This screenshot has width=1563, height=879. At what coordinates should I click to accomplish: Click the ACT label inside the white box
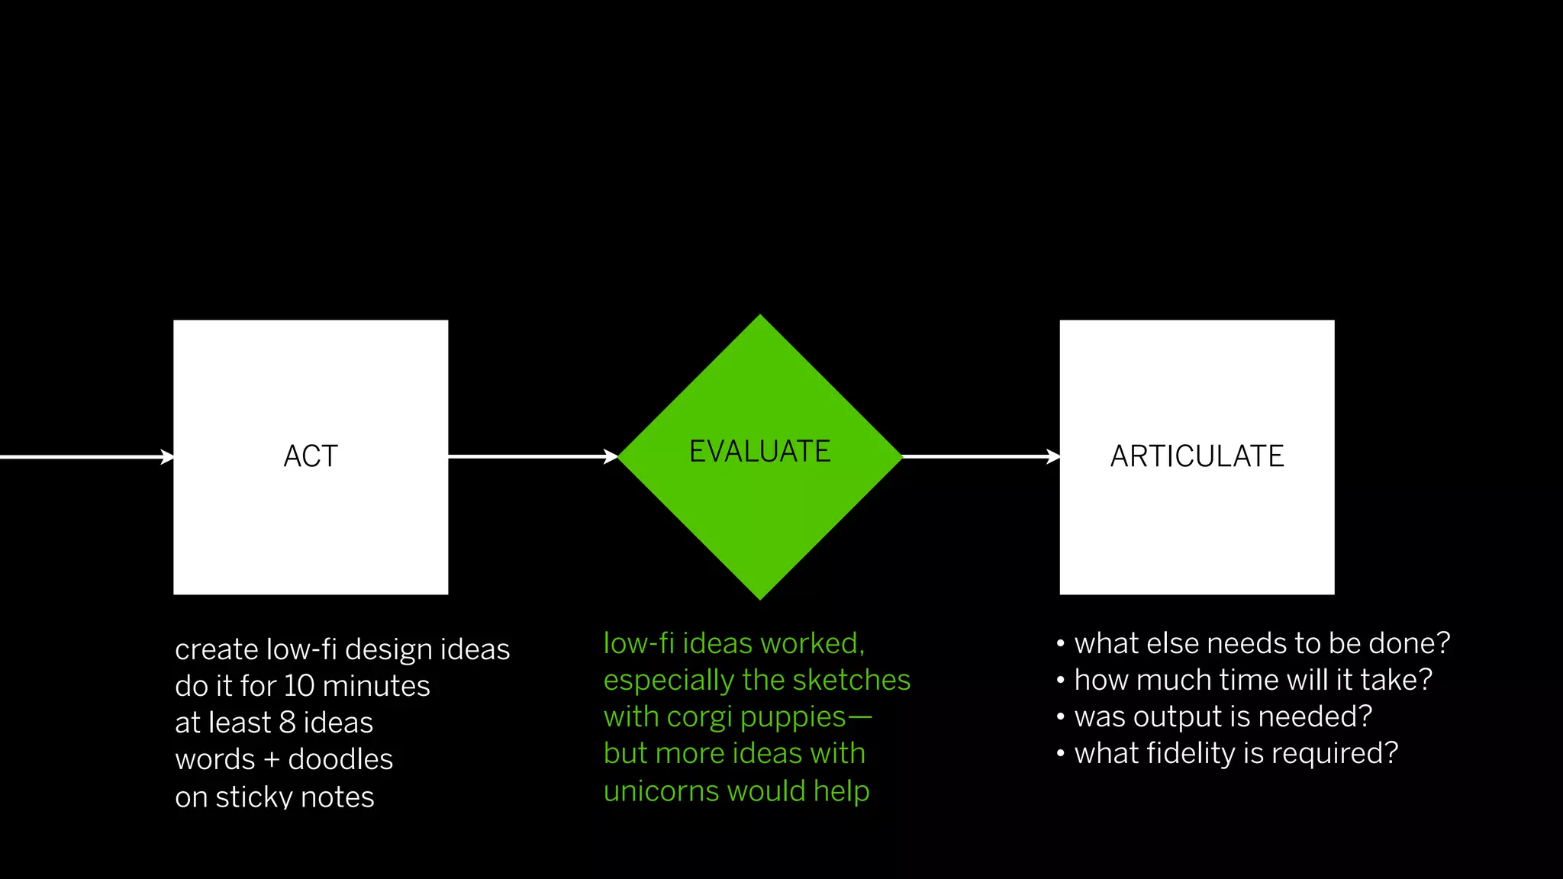pyautogui.click(x=311, y=456)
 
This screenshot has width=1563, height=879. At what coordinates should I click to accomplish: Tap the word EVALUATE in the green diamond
pyautogui.click(x=759, y=452)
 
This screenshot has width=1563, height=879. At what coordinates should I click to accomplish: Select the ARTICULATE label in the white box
pyautogui.click(x=1197, y=456)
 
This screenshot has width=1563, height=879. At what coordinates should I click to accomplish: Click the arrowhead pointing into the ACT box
pyautogui.click(x=167, y=457)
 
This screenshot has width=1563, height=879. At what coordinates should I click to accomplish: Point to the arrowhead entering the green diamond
pyautogui.click(x=611, y=457)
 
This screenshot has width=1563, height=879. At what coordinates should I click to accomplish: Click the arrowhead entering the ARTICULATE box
pyautogui.click(x=1053, y=457)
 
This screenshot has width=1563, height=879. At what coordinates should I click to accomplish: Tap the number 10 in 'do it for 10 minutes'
pyautogui.click(x=299, y=686)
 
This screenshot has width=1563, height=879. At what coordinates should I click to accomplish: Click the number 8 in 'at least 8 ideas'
pyautogui.click(x=287, y=723)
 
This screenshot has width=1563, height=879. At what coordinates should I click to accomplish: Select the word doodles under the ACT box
pyautogui.click(x=340, y=759)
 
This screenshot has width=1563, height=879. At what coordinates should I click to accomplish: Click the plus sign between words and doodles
pyautogui.click(x=272, y=760)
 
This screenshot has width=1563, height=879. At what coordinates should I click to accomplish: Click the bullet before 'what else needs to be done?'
pyautogui.click(x=1061, y=644)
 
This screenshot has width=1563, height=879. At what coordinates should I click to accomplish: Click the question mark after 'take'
pyautogui.click(x=1424, y=680)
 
